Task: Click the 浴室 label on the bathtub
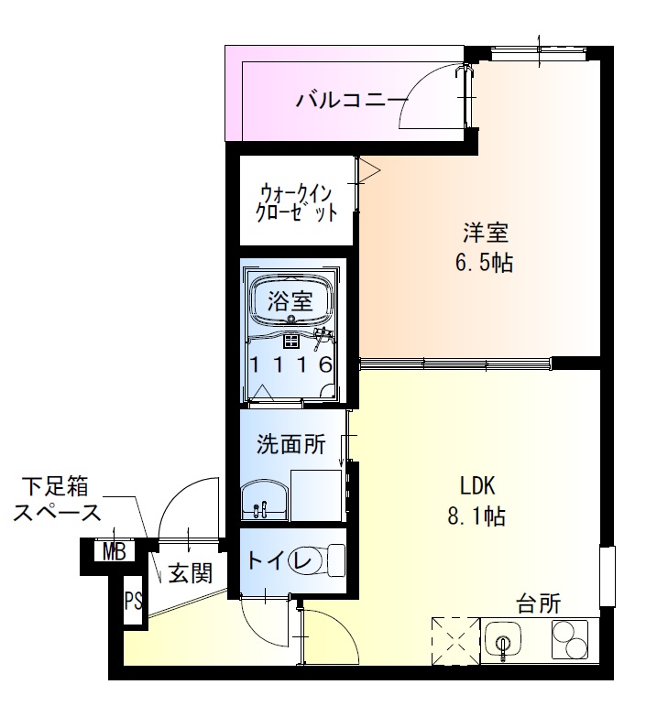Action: click(x=290, y=299)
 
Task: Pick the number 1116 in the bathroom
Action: click(x=290, y=364)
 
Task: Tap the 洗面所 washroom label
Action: click(x=290, y=446)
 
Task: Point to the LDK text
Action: click(x=476, y=485)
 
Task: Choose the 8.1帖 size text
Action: click(x=476, y=516)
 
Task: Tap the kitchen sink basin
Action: click(x=503, y=638)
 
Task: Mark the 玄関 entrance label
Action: click(x=191, y=574)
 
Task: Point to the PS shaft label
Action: click(x=134, y=602)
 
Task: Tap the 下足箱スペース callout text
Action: click(x=57, y=500)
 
